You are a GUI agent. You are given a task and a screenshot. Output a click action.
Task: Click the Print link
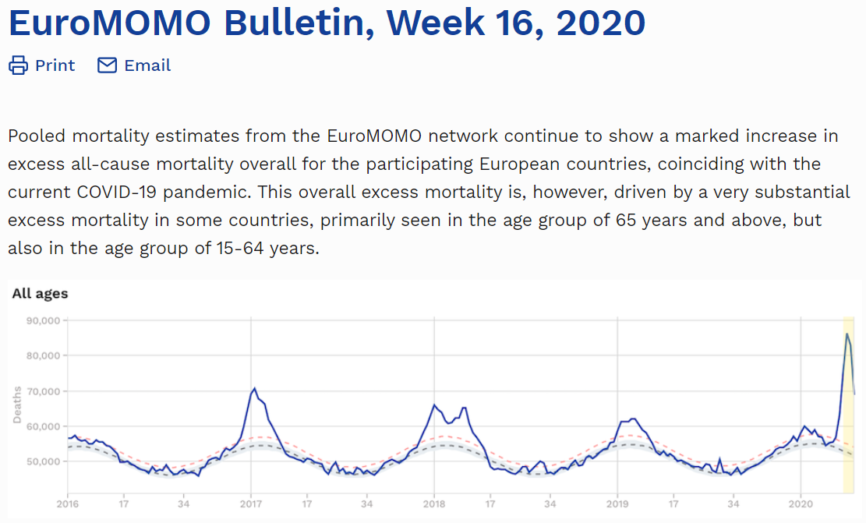pyautogui.click(x=55, y=65)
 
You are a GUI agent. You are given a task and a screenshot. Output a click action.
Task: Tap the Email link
pyautogui.click(x=147, y=65)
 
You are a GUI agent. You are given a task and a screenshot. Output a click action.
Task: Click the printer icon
pyautogui.click(x=18, y=65)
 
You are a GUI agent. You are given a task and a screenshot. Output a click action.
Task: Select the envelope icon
pyautogui.click(x=107, y=65)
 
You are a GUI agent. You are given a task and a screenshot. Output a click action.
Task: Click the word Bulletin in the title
pyautogui.click(x=294, y=23)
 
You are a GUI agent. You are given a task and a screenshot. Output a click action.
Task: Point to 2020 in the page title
pyautogui.click(x=600, y=23)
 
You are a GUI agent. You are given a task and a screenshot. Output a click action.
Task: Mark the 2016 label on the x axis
pyautogui.click(x=68, y=504)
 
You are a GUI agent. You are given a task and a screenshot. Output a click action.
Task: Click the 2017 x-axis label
pyautogui.click(x=251, y=504)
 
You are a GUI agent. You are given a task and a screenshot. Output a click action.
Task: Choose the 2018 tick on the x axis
pyautogui.click(x=434, y=504)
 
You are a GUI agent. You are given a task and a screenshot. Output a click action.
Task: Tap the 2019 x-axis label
pyautogui.click(x=617, y=504)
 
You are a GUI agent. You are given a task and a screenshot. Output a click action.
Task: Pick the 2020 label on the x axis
pyautogui.click(x=801, y=504)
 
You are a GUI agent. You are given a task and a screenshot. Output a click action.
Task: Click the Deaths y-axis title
pyautogui.click(x=16, y=405)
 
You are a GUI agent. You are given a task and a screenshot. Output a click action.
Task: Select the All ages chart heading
pyautogui.click(x=40, y=294)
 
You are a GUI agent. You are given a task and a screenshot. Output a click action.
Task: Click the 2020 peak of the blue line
pyautogui.click(x=847, y=334)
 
